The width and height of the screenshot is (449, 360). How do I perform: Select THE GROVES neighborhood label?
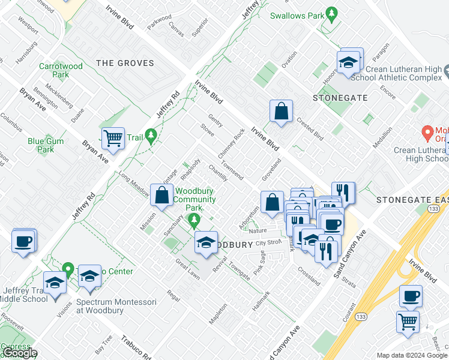click(125, 63)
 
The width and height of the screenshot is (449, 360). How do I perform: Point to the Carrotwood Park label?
click(60, 71)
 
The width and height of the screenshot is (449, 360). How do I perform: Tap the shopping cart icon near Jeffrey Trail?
click(112, 138)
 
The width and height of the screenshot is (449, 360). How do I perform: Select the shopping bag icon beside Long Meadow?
click(161, 194)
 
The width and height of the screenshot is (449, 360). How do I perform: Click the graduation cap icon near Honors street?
click(348, 61)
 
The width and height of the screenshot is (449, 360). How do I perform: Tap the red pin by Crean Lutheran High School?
click(427, 131)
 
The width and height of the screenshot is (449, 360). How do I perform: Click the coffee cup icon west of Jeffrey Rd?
click(24, 241)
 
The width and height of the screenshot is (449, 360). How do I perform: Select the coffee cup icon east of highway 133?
click(411, 296)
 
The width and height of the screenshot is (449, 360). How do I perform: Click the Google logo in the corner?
click(20, 353)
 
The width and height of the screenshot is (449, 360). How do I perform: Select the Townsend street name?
click(232, 170)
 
